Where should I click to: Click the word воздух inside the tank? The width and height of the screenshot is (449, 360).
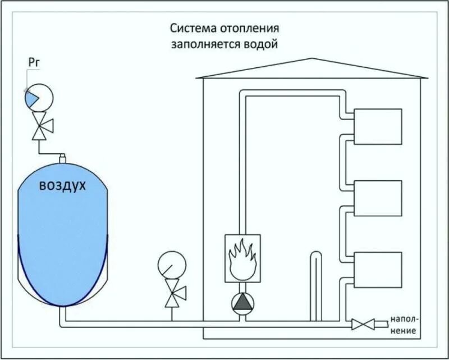[x=62, y=185]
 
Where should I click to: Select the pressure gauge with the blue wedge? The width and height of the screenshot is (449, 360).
[x=38, y=98]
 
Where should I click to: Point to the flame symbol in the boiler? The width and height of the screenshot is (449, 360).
[x=242, y=259]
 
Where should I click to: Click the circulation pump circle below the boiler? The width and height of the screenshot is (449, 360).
[x=242, y=303]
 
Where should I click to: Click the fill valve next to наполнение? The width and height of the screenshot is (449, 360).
[x=363, y=324]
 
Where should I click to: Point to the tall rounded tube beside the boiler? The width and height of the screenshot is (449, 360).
[x=315, y=286]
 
